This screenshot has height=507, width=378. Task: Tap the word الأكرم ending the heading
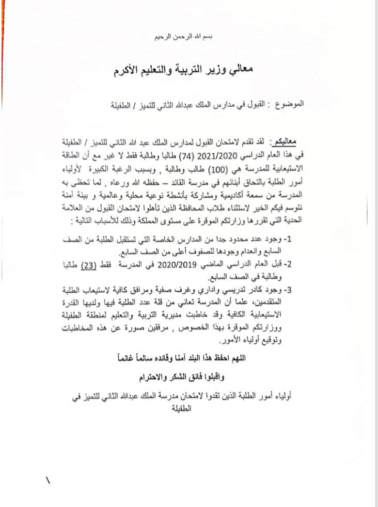pos(129,71)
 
